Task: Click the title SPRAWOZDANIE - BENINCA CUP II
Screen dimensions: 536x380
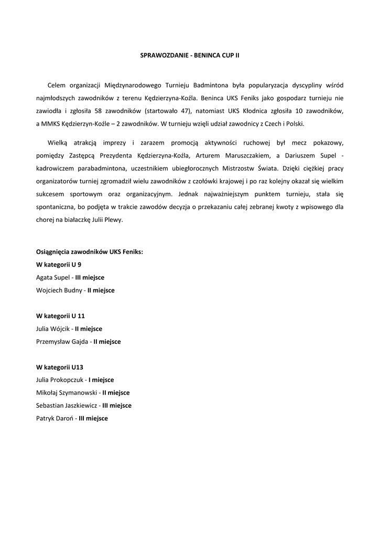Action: pos(190,54)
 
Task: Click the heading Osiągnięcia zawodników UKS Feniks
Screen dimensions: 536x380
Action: pos(89,251)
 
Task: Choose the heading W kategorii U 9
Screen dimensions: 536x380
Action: pos(59,264)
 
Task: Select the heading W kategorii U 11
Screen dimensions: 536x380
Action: pos(60,316)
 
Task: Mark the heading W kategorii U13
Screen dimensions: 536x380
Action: pos(60,367)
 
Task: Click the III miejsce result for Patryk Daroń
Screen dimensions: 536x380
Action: pos(93,418)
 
